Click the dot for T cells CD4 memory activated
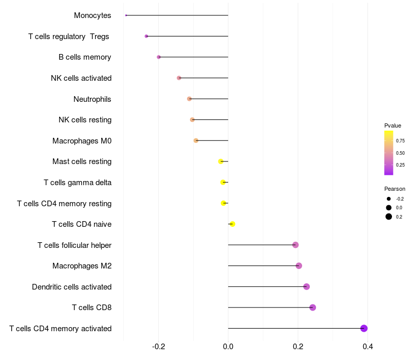364,328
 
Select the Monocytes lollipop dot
126,15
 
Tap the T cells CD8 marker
312,308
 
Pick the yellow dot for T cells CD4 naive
232,224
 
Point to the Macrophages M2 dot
298,266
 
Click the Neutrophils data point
189,99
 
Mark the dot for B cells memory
159,57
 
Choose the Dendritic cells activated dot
306,286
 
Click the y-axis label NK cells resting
85,120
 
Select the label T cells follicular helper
74,245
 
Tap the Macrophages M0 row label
82,140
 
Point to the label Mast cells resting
82,161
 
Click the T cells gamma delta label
78,182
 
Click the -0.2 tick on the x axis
158,347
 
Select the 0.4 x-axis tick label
367,347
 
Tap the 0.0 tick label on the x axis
228,347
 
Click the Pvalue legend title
393,125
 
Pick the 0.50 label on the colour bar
400,153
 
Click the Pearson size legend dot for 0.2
389,217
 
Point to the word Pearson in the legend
395,189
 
